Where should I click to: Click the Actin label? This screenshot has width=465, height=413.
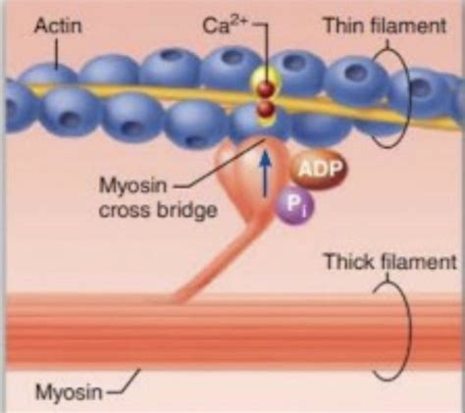58,26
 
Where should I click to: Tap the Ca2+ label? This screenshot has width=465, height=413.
225,26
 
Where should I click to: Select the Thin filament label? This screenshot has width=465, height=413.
385,26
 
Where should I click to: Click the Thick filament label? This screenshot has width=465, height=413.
389,262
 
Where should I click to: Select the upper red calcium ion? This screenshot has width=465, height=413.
266,88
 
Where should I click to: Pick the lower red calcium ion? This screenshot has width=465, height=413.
265,109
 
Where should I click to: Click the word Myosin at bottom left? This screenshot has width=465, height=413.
69,391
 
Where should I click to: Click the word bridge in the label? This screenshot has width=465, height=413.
186,210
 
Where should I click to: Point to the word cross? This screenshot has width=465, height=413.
126,211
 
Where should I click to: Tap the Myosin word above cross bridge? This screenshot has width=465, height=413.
132,185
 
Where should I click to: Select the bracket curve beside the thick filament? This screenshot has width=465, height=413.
409,331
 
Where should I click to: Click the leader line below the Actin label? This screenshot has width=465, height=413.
57,54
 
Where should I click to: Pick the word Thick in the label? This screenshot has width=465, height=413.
350,262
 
